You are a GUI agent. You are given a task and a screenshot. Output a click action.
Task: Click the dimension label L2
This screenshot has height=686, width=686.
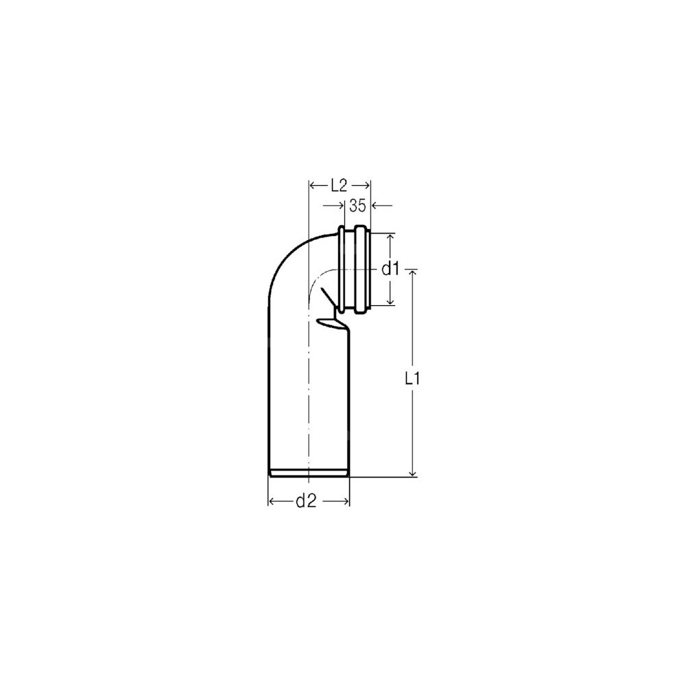tap(338, 187)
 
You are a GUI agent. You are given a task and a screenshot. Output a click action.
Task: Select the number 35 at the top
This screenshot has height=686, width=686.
tap(357, 206)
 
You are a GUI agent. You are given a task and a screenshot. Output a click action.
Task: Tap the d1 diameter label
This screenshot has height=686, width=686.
tap(390, 270)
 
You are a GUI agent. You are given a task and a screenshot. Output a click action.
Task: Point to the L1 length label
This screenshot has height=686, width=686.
tap(412, 379)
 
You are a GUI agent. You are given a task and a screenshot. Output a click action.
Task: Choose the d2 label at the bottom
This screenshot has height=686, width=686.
tap(306, 501)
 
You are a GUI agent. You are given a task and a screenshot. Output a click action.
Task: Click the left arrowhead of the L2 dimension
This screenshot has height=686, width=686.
tap(313, 186)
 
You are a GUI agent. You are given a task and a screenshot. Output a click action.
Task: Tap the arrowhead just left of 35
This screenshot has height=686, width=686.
tap(342, 205)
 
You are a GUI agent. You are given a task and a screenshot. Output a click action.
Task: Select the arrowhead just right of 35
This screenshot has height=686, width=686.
tap(375, 205)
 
